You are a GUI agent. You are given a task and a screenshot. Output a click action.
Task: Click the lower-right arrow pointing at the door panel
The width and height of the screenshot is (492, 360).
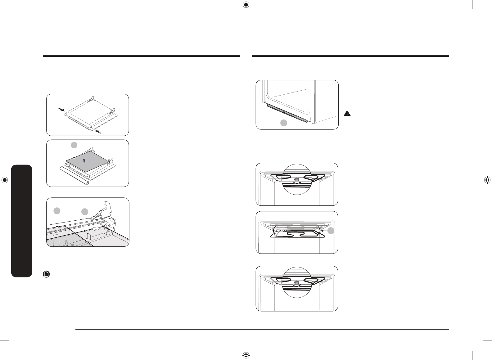point(99,132)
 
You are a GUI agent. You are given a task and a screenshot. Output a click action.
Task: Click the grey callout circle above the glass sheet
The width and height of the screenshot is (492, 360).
point(74,145)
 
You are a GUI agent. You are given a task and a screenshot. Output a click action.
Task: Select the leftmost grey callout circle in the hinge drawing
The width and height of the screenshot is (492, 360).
point(56,211)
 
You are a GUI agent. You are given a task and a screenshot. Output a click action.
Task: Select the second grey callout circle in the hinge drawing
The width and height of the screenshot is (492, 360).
point(85,212)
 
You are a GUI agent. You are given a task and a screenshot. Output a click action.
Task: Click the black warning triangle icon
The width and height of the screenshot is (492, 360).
point(347,114)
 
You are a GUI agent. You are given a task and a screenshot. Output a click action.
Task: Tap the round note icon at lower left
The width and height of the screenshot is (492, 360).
point(46,274)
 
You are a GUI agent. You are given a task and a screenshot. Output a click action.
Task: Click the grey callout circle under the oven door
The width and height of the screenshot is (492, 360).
point(284,123)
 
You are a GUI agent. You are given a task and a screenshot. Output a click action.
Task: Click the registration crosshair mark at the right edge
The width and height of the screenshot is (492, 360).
point(487,180)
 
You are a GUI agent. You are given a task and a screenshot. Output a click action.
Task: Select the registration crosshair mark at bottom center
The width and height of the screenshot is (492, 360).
point(246,355)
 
